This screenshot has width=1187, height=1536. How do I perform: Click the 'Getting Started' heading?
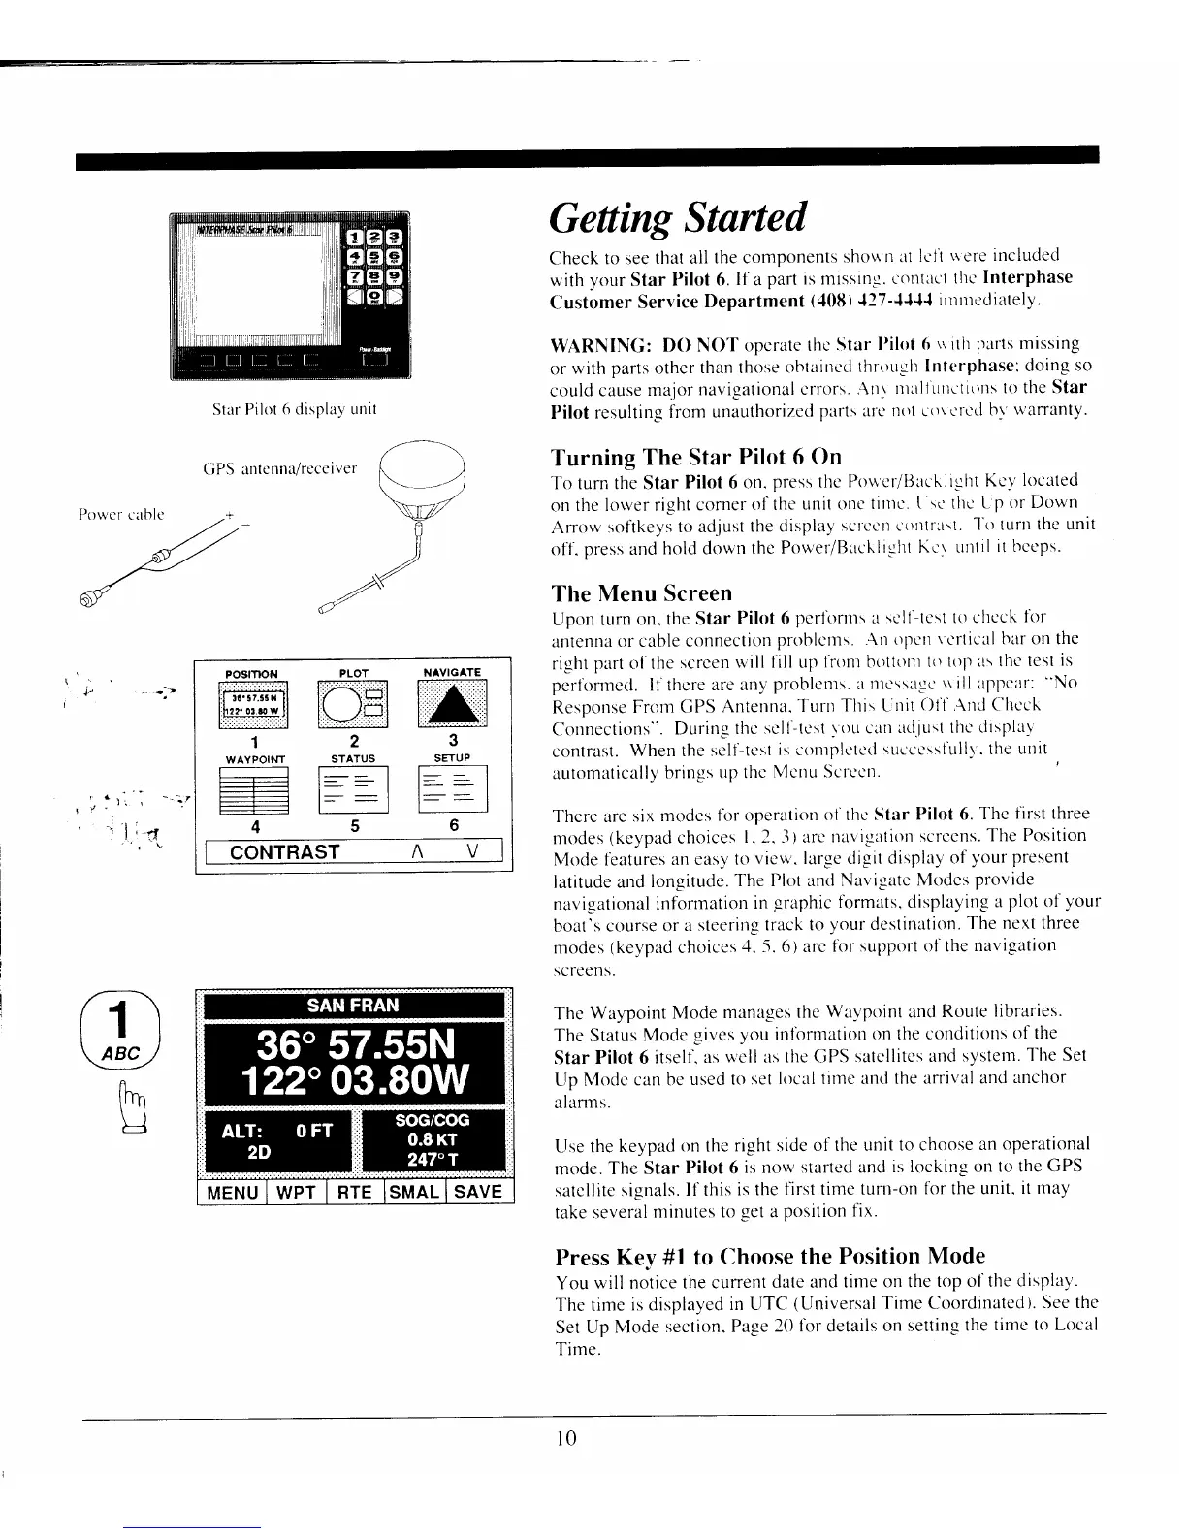coord(677,218)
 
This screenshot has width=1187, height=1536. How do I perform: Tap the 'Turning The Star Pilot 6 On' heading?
coord(695,457)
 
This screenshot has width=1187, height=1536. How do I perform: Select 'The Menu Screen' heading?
coord(641,592)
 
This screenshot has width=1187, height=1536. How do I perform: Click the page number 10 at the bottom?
coord(567,1438)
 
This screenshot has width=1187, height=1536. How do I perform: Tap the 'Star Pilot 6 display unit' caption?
coord(294,409)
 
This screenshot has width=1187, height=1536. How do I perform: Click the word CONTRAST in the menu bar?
coord(284,852)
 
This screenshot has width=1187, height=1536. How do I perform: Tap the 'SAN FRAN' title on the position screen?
coord(353,1005)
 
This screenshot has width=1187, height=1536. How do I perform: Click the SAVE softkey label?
coord(478,1192)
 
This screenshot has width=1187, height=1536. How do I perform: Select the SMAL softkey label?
coord(415,1192)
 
